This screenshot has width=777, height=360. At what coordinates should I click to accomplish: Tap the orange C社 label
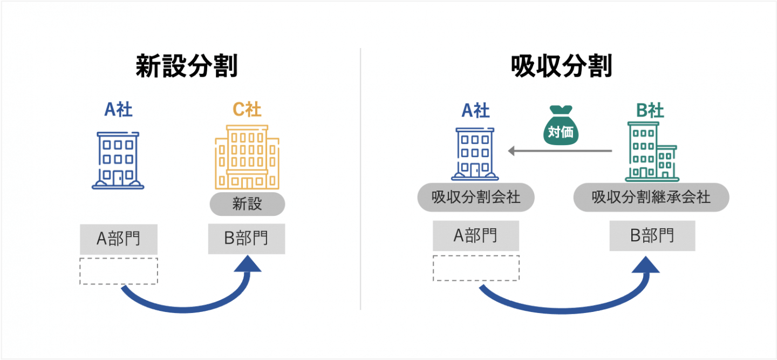pyautogui.click(x=247, y=110)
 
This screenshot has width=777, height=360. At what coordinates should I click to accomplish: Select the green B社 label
pyautogui.click(x=650, y=111)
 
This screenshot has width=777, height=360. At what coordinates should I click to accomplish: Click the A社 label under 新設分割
pyautogui.click(x=118, y=110)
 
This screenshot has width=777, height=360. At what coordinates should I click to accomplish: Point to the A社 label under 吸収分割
pyautogui.click(x=475, y=111)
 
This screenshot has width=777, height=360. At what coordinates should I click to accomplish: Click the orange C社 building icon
pyautogui.click(x=247, y=157)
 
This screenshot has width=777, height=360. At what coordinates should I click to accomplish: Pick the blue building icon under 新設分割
pyautogui.click(x=118, y=160)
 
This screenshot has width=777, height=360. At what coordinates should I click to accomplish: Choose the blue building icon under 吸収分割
pyautogui.click(x=475, y=154)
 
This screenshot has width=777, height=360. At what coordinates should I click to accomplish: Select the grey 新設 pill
pyautogui.click(x=247, y=204)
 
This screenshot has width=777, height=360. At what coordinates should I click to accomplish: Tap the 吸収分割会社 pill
pyautogui.click(x=476, y=198)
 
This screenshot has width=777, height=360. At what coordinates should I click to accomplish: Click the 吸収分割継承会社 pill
pyautogui.click(x=651, y=198)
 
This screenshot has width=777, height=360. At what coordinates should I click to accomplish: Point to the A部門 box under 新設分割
pyautogui.click(x=119, y=239)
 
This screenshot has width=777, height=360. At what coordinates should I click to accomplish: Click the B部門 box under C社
pyautogui.click(x=247, y=239)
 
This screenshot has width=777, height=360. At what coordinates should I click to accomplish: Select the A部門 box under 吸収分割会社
pyautogui.click(x=475, y=236)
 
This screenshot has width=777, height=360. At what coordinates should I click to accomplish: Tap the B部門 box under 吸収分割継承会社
pyautogui.click(x=652, y=236)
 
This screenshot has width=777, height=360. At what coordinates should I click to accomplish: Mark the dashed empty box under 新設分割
pyautogui.click(x=119, y=271)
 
